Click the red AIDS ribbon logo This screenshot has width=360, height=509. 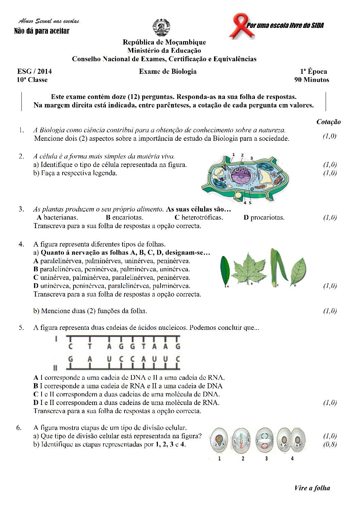pyautogui.click(x=241, y=26)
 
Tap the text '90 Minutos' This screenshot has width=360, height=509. pyautogui.click(x=312, y=80)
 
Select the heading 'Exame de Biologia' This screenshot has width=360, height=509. pyautogui.click(x=168, y=71)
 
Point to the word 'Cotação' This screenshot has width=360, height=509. pyautogui.click(x=328, y=122)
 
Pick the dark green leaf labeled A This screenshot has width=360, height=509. pyautogui.click(x=225, y=271)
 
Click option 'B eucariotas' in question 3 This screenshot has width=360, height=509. pyautogui.click(x=125, y=218)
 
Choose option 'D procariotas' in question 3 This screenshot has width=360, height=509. pyautogui.click(x=264, y=218)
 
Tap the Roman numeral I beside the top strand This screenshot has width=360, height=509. pyautogui.click(x=56, y=339)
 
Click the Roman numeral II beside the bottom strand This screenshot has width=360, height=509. pyautogui.click(x=55, y=368)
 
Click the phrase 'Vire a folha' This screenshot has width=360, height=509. pyautogui.click(x=312, y=488)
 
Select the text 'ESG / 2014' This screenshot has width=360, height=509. pyautogui.click(x=34, y=71)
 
